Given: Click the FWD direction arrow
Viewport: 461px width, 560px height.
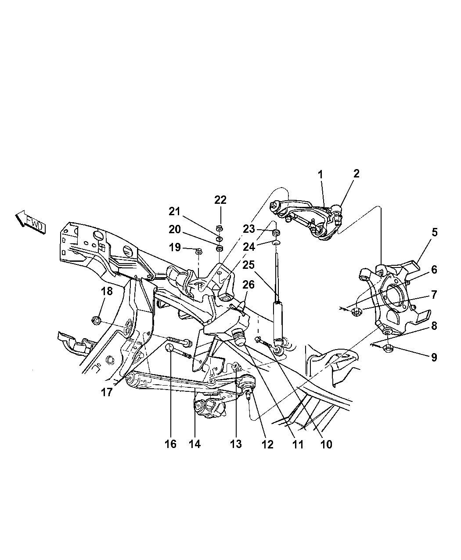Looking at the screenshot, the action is tap(30, 221).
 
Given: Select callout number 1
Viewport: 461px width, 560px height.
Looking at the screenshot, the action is tap(320, 174).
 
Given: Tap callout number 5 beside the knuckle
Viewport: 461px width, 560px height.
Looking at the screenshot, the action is tap(434, 232).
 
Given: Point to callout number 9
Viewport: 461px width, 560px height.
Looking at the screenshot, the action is tap(434, 357).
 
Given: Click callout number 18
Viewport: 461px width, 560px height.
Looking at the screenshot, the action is tap(107, 291).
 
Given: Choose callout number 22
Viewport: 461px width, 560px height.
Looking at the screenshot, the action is tap(220, 200).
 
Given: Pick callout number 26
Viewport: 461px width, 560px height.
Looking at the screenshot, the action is tap(249, 284).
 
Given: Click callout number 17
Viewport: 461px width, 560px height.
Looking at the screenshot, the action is tap(106, 392).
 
